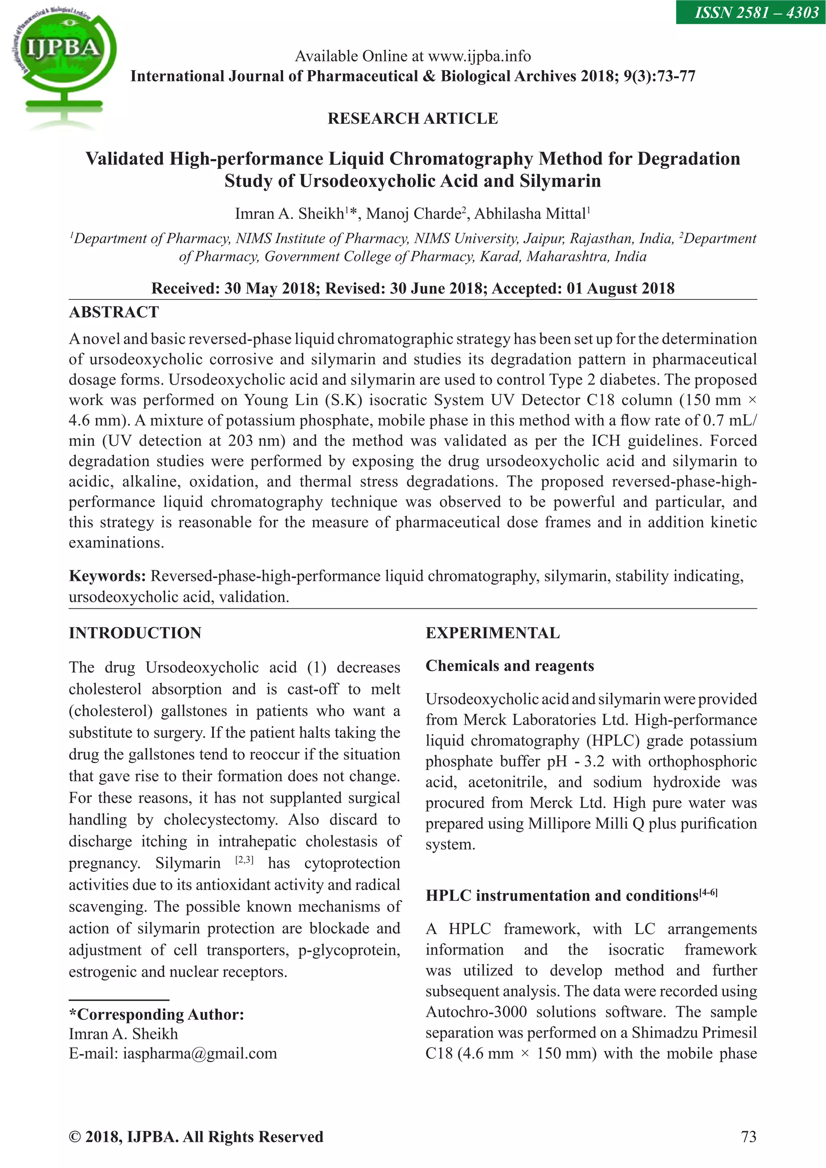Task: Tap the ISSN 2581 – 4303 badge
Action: [750, 12]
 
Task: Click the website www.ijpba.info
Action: [479, 56]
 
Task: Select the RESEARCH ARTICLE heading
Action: [413, 119]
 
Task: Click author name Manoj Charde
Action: [413, 214]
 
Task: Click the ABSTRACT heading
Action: [114, 312]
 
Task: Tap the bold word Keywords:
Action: [107, 576]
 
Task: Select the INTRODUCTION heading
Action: [135, 633]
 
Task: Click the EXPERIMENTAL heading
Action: [492, 633]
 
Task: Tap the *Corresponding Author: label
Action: [156, 1014]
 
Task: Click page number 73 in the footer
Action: [749, 1137]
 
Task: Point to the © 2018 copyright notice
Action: [196, 1137]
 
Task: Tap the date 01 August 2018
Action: [621, 288]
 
